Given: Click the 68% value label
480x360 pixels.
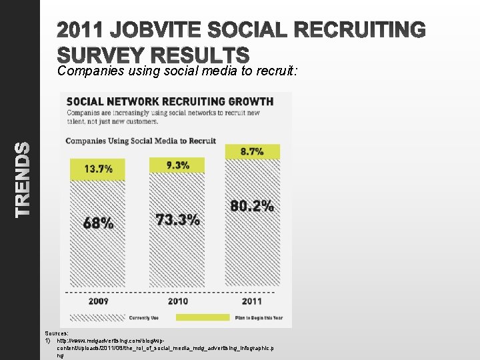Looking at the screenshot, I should tap(98, 223).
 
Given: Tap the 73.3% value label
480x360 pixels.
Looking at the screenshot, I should tap(177, 219).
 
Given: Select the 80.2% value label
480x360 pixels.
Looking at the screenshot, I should tap(252, 205).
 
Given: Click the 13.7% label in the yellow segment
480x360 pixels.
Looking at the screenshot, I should tap(98, 169).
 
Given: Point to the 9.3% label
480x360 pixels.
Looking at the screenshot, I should tap(177, 165).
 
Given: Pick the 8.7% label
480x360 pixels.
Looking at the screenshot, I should tap(252, 151).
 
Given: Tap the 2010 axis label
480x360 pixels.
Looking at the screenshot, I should tap(177, 301).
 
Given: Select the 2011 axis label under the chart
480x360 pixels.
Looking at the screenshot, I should tap(252, 301).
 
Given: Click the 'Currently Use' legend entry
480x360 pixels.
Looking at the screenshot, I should tap(143, 318).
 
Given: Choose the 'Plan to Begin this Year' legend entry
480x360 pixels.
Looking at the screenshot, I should tap(257, 318).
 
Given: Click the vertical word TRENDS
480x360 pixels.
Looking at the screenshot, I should tap(23, 179).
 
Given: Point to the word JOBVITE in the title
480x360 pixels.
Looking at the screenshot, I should tap(169, 31).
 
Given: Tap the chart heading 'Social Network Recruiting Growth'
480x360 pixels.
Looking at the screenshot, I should tap(169, 101).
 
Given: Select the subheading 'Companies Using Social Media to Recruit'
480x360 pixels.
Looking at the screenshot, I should tap(141, 141).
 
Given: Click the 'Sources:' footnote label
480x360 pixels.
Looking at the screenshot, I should tap(57, 333).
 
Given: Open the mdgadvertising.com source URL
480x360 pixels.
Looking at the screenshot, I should tap(160, 344).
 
